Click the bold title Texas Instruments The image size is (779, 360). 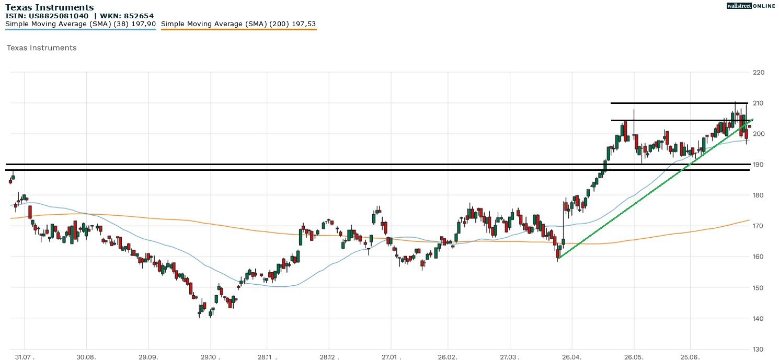[x=50, y=7]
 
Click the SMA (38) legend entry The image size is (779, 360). [x=81, y=24]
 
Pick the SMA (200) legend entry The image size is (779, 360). [x=238, y=24]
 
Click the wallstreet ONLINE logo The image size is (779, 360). [x=751, y=6]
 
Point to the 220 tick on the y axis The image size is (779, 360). [x=758, y=72]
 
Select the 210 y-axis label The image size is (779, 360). [x=758, y=103]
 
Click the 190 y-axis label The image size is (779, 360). [x=758, y=165]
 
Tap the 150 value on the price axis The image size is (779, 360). [x=758, y=288]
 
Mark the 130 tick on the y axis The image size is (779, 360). [x=758, y=349]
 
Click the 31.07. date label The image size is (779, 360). [x=25, y=357]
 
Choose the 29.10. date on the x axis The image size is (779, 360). [x=210, y=357]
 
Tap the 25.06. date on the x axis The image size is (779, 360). [x=690, y=357]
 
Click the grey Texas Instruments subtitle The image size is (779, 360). [x=41, y=48]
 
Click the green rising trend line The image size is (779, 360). [x=654, y=189]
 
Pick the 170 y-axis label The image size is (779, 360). [x=758, y=226]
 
